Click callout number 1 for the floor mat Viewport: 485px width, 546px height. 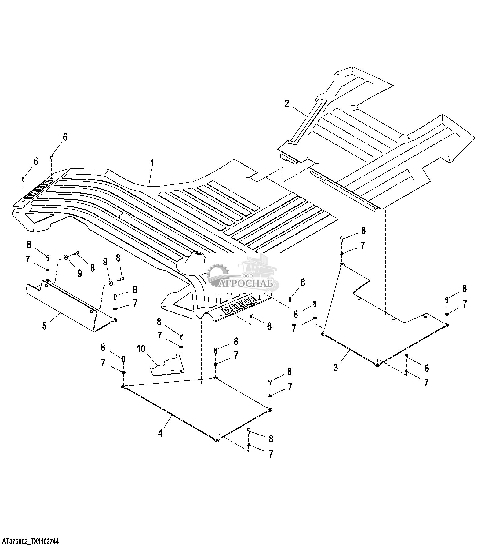[151, 163]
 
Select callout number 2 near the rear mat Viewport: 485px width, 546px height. [286, 104]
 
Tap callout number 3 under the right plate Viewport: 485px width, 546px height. [336, 367]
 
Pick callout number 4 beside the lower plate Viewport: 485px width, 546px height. [160, 433]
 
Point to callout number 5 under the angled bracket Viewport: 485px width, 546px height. [45, 326]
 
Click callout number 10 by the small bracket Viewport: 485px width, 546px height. [141, 349]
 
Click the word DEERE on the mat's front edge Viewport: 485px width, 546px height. [240, 306]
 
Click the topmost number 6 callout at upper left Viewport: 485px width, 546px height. [65, 137]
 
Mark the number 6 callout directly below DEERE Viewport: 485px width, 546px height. [269, 326]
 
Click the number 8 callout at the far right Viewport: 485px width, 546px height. [464, 289]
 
